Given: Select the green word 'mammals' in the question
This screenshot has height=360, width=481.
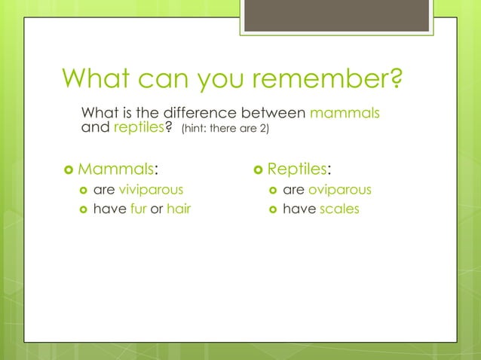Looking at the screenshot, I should tap(345, 113).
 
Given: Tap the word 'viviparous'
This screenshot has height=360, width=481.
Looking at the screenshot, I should tap(151, 190).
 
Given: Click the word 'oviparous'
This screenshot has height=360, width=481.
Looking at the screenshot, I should tap(340, 190).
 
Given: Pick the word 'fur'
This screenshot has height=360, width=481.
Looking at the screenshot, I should tap(138, 209).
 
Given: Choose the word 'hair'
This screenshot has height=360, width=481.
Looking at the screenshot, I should tap(179, 209).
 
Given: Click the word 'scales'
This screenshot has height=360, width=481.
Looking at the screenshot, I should tap(339, 209).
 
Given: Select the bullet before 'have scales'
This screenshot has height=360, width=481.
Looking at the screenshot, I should tap(271, 209).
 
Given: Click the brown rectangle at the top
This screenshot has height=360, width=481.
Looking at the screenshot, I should tap(336, 15).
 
